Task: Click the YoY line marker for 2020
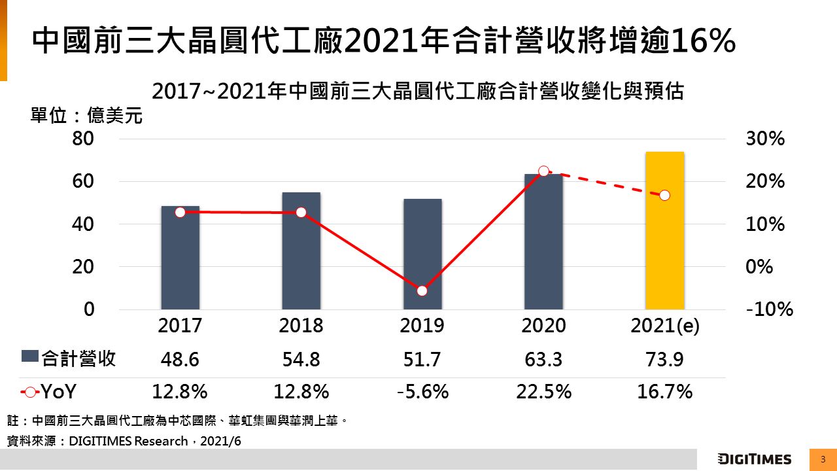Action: click(543, 171)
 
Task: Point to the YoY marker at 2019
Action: click(422, 290)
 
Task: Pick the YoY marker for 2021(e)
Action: click(664, 196)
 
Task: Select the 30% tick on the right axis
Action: click(765, 139)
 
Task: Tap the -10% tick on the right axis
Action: click(769, 309)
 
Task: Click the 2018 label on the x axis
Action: click(301, 326)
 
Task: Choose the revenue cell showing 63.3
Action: click(543, 359)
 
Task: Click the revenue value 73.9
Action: click(664, 359)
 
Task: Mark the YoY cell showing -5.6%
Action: click(422, 392)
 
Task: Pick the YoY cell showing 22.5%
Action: click(543, 392)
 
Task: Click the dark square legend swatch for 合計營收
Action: click(30, 357)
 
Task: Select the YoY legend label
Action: click(60, 392)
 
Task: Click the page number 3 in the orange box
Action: click(823, 459)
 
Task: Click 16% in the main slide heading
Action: click(704, 41)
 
